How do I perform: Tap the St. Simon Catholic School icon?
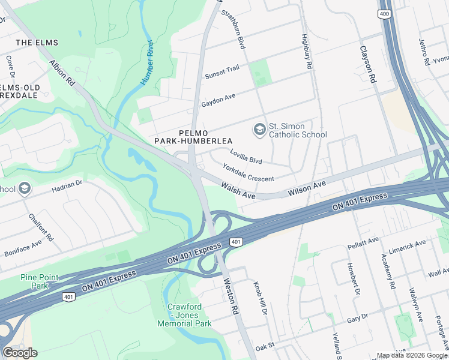point(259,130)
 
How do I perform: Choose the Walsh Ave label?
point(238,191)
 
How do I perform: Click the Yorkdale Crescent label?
point(248,173)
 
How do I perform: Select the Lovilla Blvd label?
point(246,157)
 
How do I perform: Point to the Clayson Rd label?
point(368,64)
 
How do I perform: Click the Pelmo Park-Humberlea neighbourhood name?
point(185,136)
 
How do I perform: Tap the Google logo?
point(20,353)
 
